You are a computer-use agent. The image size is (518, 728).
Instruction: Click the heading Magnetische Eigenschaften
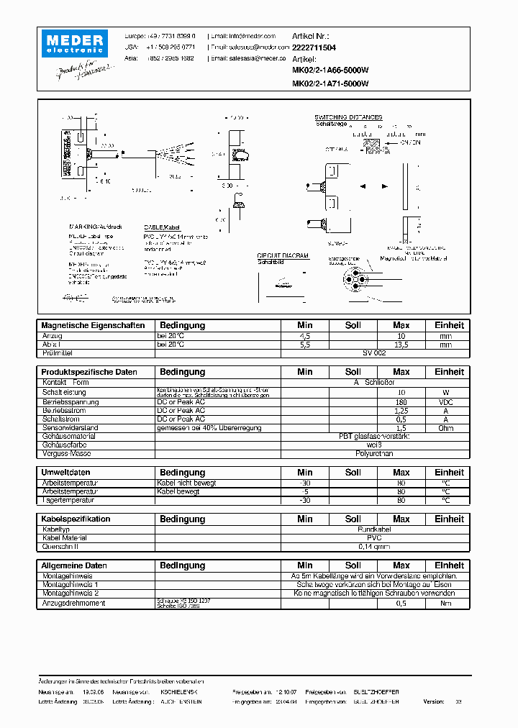tap(93, 326)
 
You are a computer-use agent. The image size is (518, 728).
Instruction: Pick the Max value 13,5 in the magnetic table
tap(401, 345)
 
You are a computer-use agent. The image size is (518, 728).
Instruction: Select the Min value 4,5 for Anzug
tap(305, 336)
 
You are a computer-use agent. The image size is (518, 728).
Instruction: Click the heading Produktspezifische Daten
tap(89, 373)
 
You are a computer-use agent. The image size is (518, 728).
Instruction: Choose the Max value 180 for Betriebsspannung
tap(401, 401)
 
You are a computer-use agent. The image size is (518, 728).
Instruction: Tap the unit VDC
tap(446, 401)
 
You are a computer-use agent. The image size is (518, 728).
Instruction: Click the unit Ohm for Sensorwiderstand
tap(446, 427)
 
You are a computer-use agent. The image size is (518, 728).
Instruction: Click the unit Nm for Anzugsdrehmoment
tap(446, 603)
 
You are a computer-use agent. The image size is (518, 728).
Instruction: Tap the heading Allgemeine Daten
tap(74, 566)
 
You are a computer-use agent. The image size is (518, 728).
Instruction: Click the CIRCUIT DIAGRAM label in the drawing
tap(283, 255)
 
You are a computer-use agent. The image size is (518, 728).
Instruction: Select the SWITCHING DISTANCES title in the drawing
tap(348, 117)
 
